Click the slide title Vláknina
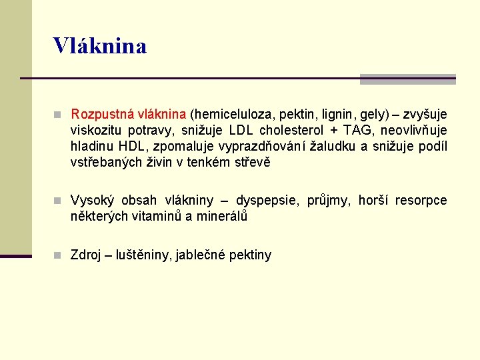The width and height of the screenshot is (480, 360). pyautogui.click(x=100, y=46)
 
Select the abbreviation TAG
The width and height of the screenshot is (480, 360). pyautogui.click(x=359, y=130)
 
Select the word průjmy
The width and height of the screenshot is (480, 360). pyautogui.click(x=332, y=201)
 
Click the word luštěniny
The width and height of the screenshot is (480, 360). pyautogui.click(x=143, y=255)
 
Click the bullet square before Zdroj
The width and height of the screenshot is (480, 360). pyautogui.click(x=59, y=255)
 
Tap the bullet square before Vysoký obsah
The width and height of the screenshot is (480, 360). pyautogui.click(x=59, y=201)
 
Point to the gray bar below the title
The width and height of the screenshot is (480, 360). pyautogui.click(x=407, y=79)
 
